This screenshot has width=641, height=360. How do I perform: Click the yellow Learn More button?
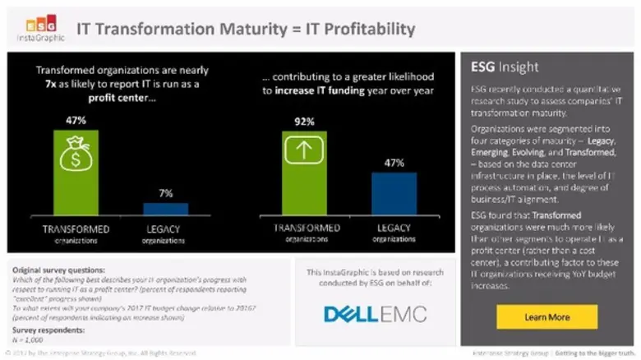(546, 316)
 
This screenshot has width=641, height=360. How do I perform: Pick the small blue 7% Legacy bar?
(165, 209)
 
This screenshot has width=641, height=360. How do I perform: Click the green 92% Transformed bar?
(303, 173)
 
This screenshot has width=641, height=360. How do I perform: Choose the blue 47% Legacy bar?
(394, 193)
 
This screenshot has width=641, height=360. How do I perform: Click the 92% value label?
(303, 122)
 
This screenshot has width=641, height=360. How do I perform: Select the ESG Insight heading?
(505, 67)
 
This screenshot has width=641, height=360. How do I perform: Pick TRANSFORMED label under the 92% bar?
(303, 227)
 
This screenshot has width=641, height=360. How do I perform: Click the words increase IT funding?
(320, 91)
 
